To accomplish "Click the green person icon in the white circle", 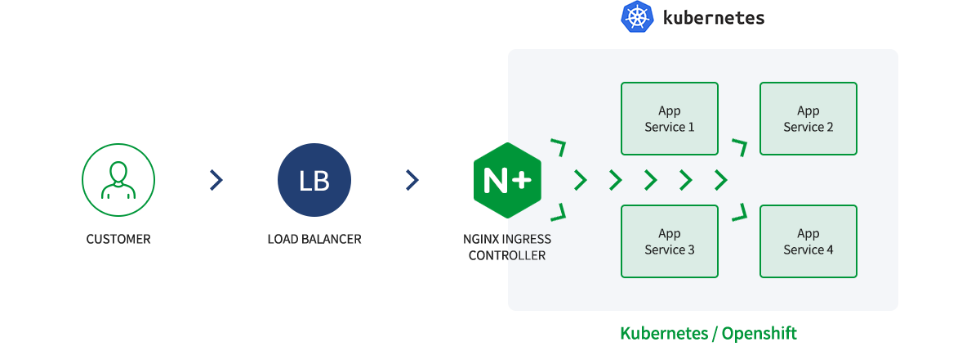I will click(x=118, y=181).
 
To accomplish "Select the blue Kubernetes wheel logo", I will click(x=638, y=17).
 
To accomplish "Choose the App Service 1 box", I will click(x=670, y=119).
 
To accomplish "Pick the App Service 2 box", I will click(x=808, y=119).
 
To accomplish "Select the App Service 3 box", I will click(x=670, y=241).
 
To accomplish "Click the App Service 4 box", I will click(x=808, y=241).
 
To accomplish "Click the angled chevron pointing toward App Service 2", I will click(x=740, y=147).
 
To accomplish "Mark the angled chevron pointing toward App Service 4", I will click(x=740, y=212).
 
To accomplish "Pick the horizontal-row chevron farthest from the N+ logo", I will click(x=720, y=180).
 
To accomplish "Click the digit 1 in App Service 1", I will click(x=691, y=127).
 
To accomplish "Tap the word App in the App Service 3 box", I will click(x=670, y=234).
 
